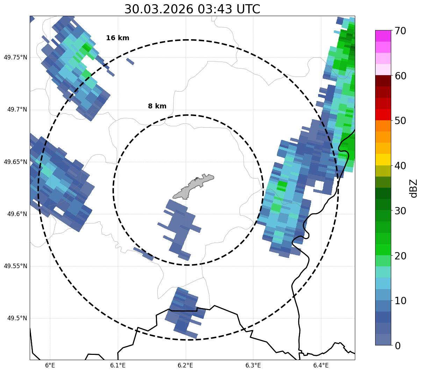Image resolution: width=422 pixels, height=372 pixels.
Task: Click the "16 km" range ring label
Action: [x=117, y=38]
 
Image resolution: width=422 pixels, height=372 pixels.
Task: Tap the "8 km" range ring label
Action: [x=157, y=106]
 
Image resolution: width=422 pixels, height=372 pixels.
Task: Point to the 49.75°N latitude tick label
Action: [x=15, y=57]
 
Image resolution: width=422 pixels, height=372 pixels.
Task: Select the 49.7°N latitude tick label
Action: [x=17, y=110]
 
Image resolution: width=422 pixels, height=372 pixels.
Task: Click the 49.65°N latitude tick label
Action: [x=15, y=162]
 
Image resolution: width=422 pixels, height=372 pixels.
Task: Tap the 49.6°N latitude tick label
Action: [x=17, y=214]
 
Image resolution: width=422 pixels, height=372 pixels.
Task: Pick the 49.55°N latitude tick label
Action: [x=15, y=266]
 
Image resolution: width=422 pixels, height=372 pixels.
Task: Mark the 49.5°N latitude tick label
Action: [x=17, y=318]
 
